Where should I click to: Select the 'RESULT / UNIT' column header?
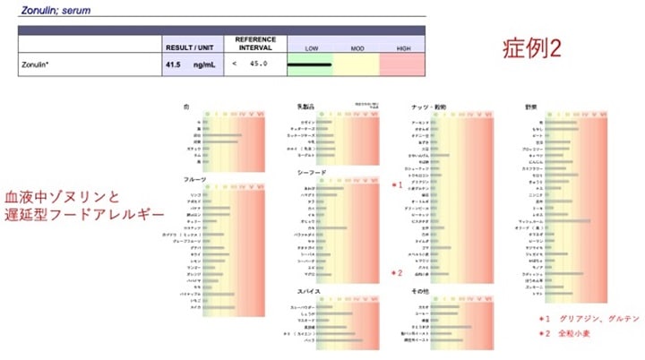[x=191, y=47]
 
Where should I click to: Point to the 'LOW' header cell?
[x=311, y=47]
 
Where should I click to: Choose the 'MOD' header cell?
[x=357, y=47]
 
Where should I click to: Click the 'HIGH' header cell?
[x=403, y=47]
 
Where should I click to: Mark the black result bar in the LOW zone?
[x=310, y=65]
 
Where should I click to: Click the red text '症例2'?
[x=529, y=49]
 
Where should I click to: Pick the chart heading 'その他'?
[x=421, y=291]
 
